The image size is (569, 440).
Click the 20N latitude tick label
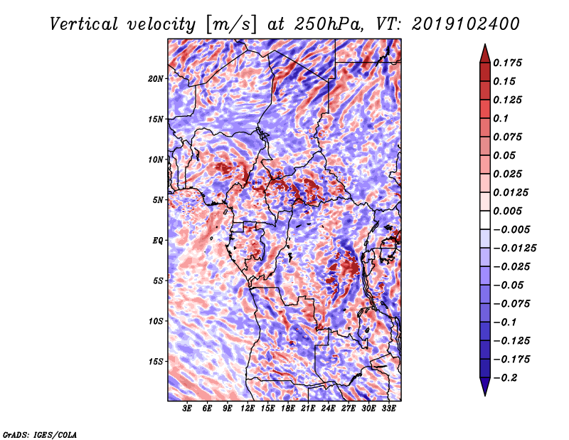point(156,78)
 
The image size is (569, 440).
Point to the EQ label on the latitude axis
point(157,241)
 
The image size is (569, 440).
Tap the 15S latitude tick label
point(156,362)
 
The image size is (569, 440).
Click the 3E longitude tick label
point(188,409)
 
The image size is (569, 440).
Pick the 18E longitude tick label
point(288,409)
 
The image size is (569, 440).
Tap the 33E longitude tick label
point(388,409)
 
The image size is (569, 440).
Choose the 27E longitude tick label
point(349,409)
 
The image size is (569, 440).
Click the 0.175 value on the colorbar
point(510,63)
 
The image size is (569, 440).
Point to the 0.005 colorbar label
point(510,211)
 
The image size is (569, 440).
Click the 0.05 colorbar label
point(506,155)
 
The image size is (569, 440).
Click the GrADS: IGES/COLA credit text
point(39,434)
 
